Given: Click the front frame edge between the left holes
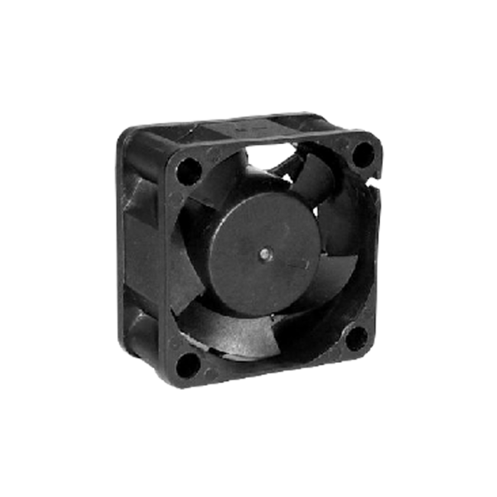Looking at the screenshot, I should click(177, 265).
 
